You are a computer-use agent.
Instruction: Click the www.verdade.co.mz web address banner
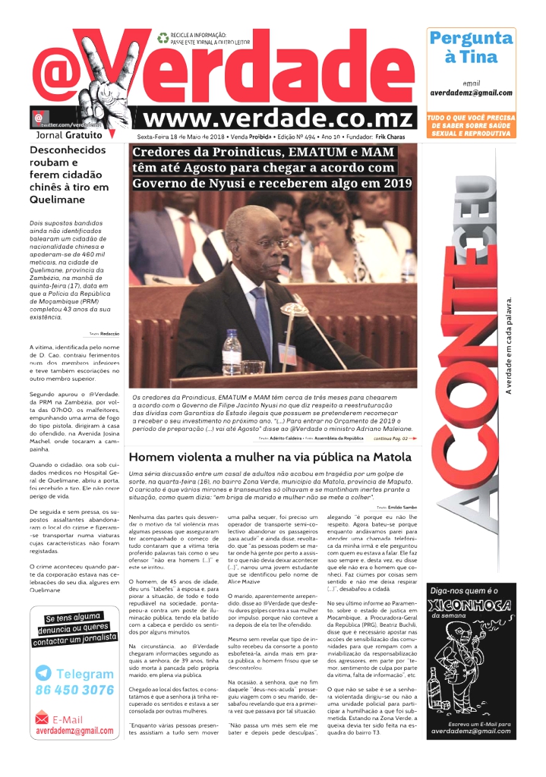click(x=279, y=118)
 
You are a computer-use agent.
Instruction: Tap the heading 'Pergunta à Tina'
click(x=471, y=47)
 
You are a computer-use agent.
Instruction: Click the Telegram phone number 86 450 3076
click(x=74, y=690)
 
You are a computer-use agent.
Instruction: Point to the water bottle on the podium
click(x=232, y=352)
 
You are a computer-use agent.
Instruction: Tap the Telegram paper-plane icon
click(x=44, y=673)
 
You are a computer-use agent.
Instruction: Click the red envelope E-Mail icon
click(x=43, y=719)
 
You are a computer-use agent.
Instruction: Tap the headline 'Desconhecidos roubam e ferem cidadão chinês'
click(x=69, y=175)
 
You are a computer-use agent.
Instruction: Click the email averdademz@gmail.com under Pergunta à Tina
click(x=471, y=92)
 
